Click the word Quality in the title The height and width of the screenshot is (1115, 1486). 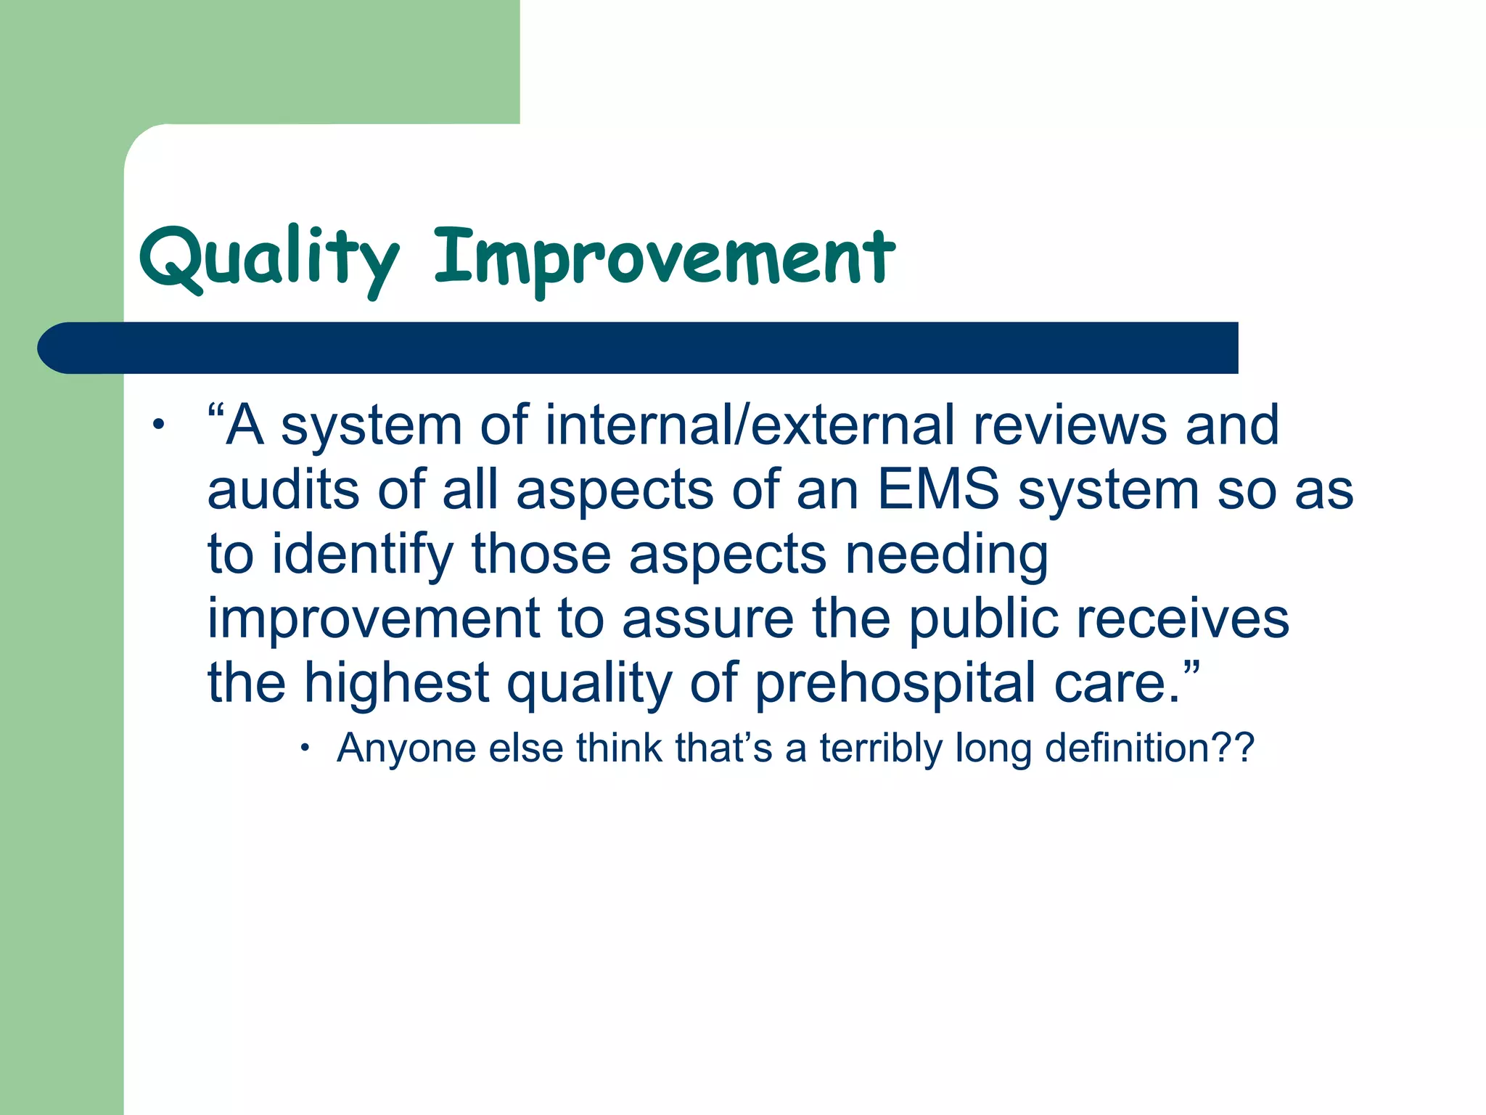(x=268, y=258)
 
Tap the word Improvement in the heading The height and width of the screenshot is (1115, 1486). (x=664, y=258)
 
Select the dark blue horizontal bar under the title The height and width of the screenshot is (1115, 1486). (x=639, y=348)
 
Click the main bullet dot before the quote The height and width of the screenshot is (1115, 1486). (x=157, y=425)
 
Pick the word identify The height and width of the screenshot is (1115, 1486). (x=363, y=555)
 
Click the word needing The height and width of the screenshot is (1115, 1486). (x=946, y=555)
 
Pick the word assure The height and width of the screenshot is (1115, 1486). (x=707, y=618)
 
